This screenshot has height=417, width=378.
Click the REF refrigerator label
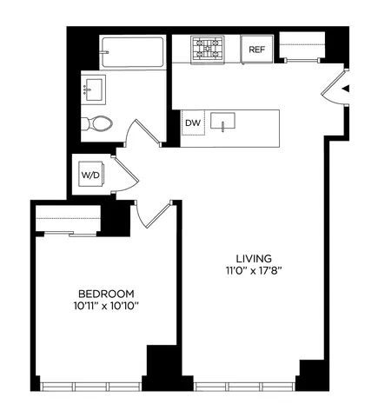(x=256, y=50)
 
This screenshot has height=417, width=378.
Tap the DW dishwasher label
(x=193, y=122)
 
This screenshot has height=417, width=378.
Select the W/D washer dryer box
(x=90, y=175)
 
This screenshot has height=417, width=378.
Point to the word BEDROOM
(x=106, y=293)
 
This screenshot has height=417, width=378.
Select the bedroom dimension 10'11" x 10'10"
(x=106, y=306)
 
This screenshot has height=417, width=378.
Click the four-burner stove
(x=208, y=49)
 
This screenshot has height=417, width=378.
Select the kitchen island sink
(x=228, y=122)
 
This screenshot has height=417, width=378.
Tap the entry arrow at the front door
(x=345, y=89)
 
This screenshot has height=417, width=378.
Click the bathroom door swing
(x=139, y=135)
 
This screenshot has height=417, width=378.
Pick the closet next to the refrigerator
(x=301, y=47)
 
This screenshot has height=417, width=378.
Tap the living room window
(x=244, y=385)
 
